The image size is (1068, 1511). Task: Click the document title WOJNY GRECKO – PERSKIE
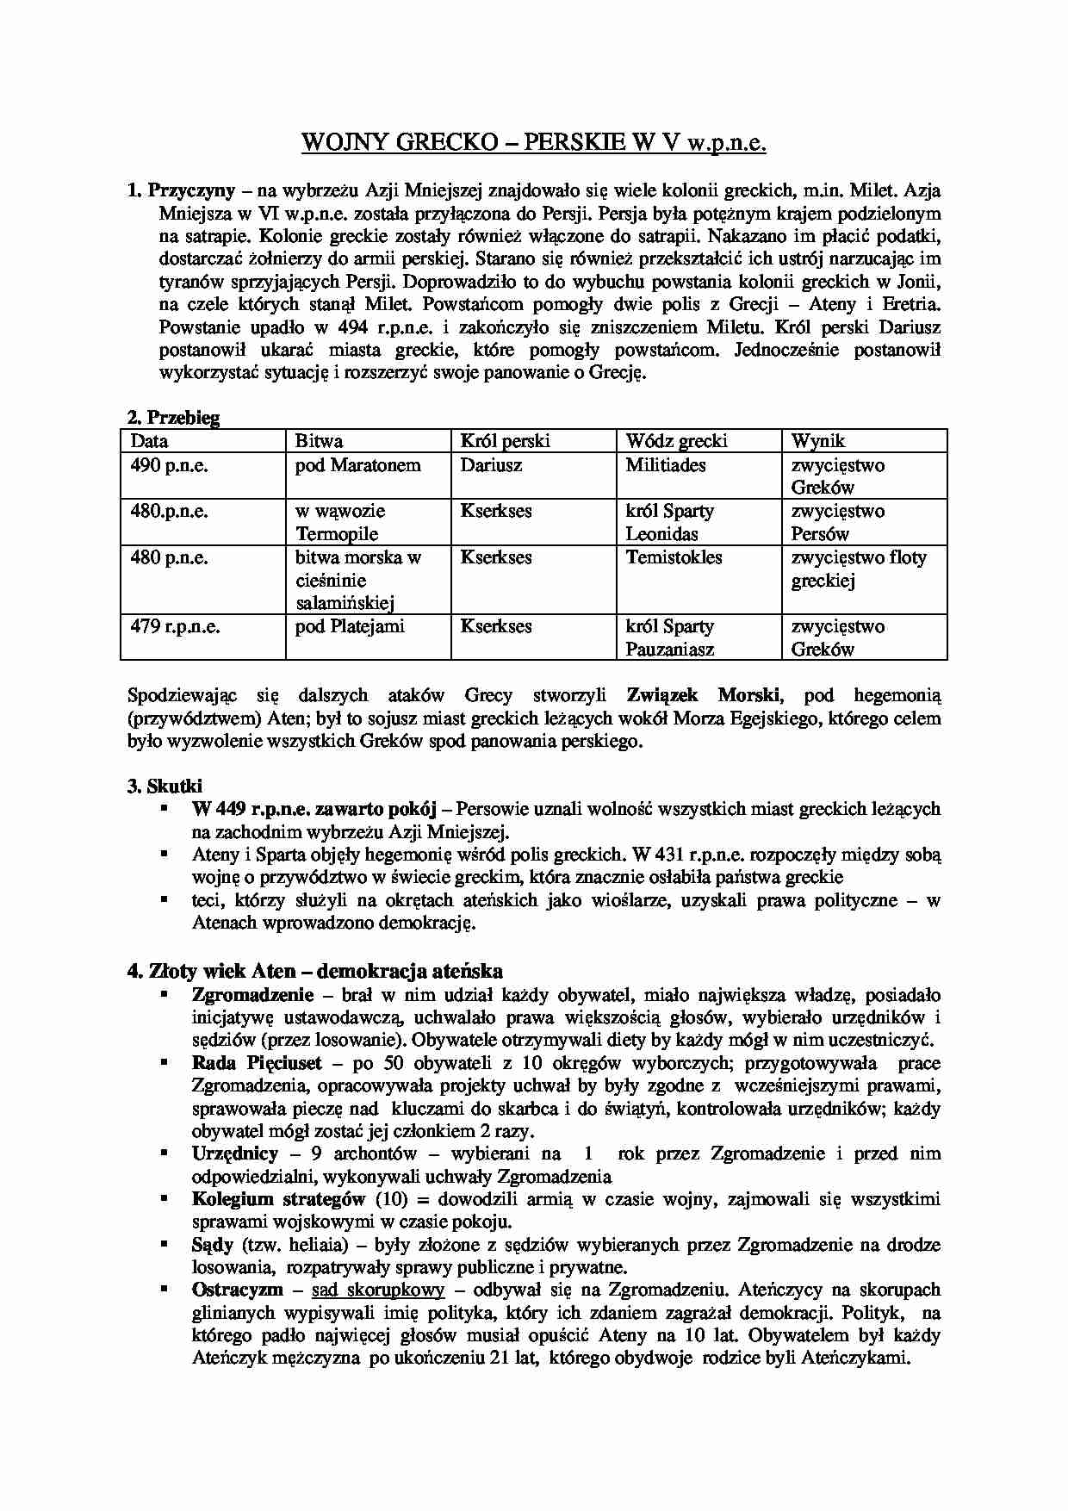(x=533, y=142)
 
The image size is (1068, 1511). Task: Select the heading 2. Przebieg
(x=173, y=418)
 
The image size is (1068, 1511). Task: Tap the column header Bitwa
(x=319, y=441)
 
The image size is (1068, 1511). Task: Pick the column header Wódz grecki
(x=676, y=441)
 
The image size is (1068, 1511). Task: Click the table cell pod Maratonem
(x=358, y=465)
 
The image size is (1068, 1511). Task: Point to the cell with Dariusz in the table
(x=491, y=465)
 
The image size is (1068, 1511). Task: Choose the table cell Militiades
(x=666, y=465)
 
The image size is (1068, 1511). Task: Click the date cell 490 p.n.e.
(x=170, y=465)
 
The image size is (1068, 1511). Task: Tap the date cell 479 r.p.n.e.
(x=176, y=626)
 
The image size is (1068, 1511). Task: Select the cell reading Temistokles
(x=674, y=557)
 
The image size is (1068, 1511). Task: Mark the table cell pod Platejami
(x=350, y=626)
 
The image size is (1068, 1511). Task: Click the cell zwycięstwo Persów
(x=837, y=522)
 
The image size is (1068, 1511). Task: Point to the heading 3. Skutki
(x=165, y=786)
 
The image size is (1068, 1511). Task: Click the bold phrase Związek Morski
(x=705, y=695)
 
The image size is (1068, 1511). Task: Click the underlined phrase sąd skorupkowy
(x=378, y=1290)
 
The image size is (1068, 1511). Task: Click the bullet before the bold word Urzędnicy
(x=163, y=1153)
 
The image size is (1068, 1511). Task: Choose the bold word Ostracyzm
(x=237, y=1290)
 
